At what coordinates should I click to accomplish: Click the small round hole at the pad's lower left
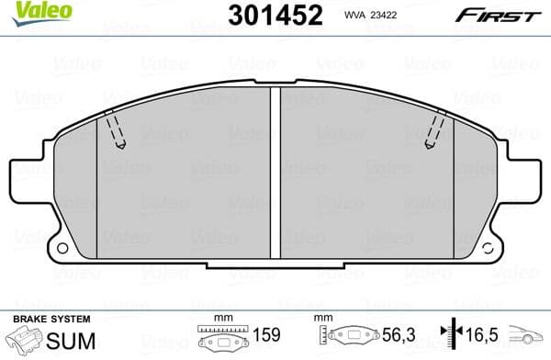pyautogui.click(x=63, y=249)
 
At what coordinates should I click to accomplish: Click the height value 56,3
pyautogui.click(x=393, y=337)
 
